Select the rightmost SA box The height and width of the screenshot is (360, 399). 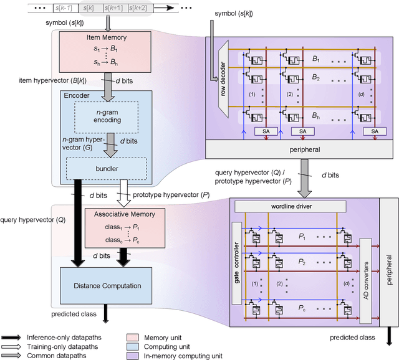pos(374,131)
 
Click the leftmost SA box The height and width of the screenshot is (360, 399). pos(262,131)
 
